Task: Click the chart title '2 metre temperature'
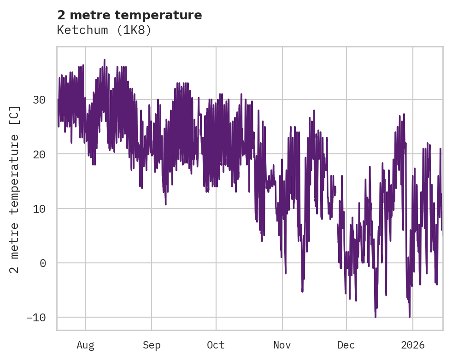(x=129, y=15)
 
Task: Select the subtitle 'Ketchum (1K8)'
(x=104, y=30)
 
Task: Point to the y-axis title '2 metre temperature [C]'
(x=15, y=189)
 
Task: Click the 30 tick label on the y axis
(x=39, y=99)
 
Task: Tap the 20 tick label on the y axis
(x=39, y=154)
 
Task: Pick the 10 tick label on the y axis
(x=39, y=209)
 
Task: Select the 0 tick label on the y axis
(x=43, y=263)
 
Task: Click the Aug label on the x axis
(x=86, y=345)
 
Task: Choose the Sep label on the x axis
(x=151, y=345)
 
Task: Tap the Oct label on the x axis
(x=216, y=345)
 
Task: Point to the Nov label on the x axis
(x=282, y=345)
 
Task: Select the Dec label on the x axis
(x=346, y=345)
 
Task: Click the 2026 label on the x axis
(x=413, y=345)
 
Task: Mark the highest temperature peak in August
(x=105, y=60)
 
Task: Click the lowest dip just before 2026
(x=409, y=316)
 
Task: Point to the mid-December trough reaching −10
(x=376, y=316)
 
